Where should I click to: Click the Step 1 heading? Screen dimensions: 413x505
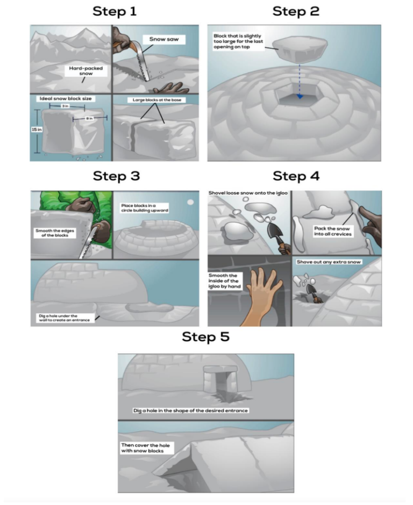pyautogui.click(x=115, y=11)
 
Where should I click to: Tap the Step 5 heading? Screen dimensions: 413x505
pyautogui.click(x=206, y=337)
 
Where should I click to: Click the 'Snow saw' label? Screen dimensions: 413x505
pyautogui.click(x=164, y=39)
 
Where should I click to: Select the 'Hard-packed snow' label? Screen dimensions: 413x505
pyautogui.click(x=86, y=71)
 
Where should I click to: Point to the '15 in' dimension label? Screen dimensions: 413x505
pyautogui.click(x=37, y=129)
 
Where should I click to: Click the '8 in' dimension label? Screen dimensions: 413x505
pyautogui.click(x=89, y=119)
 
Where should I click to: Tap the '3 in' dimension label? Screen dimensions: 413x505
pyautogui.click(x=65, y=106)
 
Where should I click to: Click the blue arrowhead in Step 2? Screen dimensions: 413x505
pyautogui.click(x=300, y=96)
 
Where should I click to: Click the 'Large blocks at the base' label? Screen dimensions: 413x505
pyautogui.click(x=157, y=100)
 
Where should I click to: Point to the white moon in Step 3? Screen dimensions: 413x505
pyautogui.click(x=190, y=202)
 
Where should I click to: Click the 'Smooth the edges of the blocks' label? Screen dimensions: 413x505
pyautogui.click(x=55, y=233)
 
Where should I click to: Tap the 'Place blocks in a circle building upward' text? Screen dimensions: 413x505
pyautogui.click(x=145, y=208)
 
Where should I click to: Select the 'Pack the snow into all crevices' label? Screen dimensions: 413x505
pyautogui.click(x=333, y=231)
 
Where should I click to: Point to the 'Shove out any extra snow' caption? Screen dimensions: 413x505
pyautogui.click(x=329, y=262)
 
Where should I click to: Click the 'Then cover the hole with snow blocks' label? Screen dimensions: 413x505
pyautogui.click(x=145, y=448)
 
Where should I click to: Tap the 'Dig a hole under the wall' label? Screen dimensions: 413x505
pyautogui.click(x=64, y=318)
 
